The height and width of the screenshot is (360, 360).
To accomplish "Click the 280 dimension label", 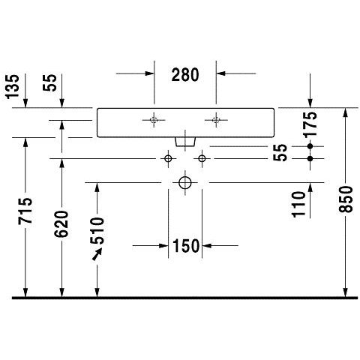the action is pos(185,75).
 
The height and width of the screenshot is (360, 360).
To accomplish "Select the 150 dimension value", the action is pos(185,246).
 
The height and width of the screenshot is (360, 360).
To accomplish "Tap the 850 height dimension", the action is pos(346,199).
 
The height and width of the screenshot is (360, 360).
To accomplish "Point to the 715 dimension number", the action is pos(25,211).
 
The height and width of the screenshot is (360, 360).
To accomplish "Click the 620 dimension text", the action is pos(61,223).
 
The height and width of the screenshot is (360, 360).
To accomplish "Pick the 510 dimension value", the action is pos(97,231).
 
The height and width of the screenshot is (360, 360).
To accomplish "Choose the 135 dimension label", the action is pos(13,86).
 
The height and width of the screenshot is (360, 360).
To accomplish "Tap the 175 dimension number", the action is pos(310,124).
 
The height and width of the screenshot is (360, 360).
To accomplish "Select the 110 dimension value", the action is pos(299,204).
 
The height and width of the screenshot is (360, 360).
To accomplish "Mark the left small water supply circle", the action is pos(168,158).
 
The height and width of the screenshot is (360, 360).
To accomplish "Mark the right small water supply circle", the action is pos(202,158).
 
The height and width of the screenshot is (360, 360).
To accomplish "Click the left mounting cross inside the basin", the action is pos(154,120).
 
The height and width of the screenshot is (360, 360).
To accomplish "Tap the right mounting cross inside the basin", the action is pos(216,120).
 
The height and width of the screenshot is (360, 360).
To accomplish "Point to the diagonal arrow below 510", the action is pos(97,254).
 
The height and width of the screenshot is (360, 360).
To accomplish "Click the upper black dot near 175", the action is pos(310,146).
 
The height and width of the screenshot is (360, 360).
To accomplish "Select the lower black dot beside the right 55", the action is pos(310,158).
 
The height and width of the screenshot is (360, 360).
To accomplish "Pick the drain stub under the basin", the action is pos(185,142).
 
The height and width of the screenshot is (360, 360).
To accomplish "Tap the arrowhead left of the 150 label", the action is pos(163,246).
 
